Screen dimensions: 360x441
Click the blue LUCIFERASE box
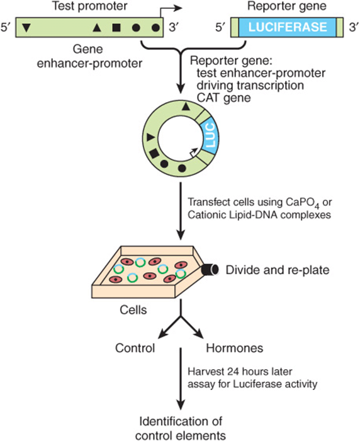(x=288, y=27)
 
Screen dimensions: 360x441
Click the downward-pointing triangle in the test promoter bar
(x=26, y=28)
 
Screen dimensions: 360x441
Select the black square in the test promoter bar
(x=116, y=28)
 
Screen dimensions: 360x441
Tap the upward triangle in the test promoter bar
(x=97, y=27)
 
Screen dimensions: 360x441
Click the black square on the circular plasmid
(x=154, y=154)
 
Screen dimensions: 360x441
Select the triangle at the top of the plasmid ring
(x=185, y=106)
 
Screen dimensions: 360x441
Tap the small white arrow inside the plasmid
(x=193, y=152)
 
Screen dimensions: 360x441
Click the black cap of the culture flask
(x=210, y=270)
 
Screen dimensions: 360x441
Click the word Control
(x=135, y=348)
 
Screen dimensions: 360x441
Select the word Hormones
(x=235, y=348)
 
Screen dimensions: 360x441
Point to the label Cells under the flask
(x=133, y=310)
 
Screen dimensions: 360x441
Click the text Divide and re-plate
(x=278, y=270)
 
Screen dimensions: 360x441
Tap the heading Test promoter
(x=89, y=6)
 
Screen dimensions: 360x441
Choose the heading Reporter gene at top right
(x=286, y=6)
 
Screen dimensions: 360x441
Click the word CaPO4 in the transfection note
(x=302, y=202)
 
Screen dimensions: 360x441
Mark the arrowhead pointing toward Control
(x=162, y=334)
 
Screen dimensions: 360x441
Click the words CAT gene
(x=223, y=98)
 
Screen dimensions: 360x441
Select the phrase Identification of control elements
(x=181, y=428)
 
